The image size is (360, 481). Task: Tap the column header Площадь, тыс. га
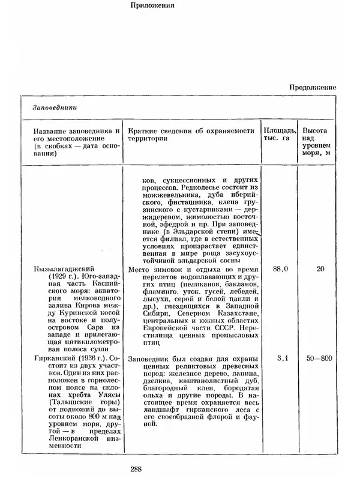coord(278,135)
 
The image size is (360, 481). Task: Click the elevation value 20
coord(320,269)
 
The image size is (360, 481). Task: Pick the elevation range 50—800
coord(318,358)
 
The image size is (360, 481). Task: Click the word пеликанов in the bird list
coord(201,279)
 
